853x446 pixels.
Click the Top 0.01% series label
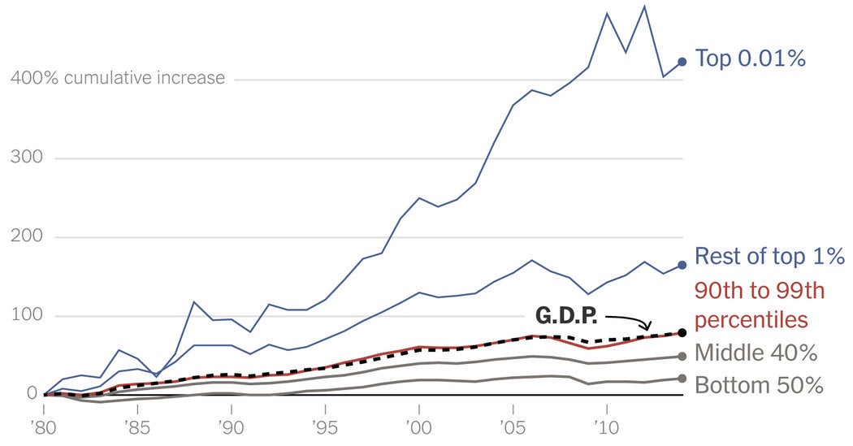pos(750,58)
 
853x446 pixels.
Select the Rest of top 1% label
pos(770,258)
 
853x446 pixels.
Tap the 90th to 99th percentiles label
pos(752,304)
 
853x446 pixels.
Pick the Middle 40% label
pos(756,353)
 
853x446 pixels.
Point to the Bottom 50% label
pos(759,383)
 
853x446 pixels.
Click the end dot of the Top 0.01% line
pos(682,61)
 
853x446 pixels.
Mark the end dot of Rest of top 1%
pos(682,264)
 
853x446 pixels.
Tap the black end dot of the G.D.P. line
pos(682,332)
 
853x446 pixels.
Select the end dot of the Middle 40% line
pos(682,357)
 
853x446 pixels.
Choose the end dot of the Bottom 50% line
pos(682,378)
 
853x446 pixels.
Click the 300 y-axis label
pos(26,158)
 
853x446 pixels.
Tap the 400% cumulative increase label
pos(117,79)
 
